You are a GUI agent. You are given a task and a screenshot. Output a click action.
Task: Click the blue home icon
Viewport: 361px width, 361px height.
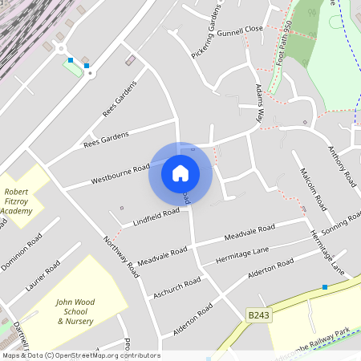(180, 172)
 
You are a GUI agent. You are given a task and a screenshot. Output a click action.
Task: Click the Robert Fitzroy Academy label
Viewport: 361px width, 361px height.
(16, 201)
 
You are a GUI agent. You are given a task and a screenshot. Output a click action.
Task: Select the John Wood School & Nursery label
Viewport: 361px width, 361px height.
(75, 311)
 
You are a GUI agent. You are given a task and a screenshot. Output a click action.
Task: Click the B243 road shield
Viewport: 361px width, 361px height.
(258, 316)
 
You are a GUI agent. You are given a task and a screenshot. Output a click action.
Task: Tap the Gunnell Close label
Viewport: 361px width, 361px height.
(241, 28)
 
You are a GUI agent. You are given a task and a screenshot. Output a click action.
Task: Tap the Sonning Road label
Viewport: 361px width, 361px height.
(340, 222)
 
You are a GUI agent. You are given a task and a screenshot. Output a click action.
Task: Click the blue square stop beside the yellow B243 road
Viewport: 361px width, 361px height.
(325, 287)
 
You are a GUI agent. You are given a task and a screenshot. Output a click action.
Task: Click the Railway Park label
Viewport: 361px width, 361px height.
(328, 331)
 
